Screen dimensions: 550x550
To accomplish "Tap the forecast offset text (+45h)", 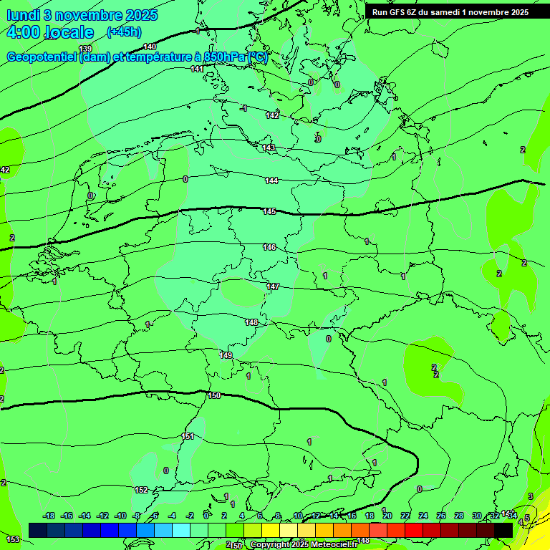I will [x=124, y=32].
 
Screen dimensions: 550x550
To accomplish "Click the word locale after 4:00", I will [x=69, y=32].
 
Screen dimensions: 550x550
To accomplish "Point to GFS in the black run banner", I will [x=400, y=11].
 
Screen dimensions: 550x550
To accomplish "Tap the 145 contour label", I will [x=269, y=211].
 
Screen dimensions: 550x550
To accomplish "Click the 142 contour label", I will [x=272, y=115].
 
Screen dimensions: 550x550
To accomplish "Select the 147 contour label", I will [x=273, y=286].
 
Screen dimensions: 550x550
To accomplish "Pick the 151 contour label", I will [x=188, y=436].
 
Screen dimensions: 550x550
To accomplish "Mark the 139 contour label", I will [x=85, y=49].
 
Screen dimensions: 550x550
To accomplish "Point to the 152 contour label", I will [x=141, y=490].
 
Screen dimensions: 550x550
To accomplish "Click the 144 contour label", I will [x=271, y=180].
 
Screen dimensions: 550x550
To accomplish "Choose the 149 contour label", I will [x=226, y=355].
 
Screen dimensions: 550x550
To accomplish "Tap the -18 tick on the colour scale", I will [x=49, y=516].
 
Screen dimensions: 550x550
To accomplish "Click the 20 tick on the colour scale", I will [x=387, y=516].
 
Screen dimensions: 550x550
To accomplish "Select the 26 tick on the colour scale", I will [x=441, y=516].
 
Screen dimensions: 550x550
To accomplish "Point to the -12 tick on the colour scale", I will [x=102, y=516].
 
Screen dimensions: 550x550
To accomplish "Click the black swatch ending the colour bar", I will [x=503, y=529].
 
